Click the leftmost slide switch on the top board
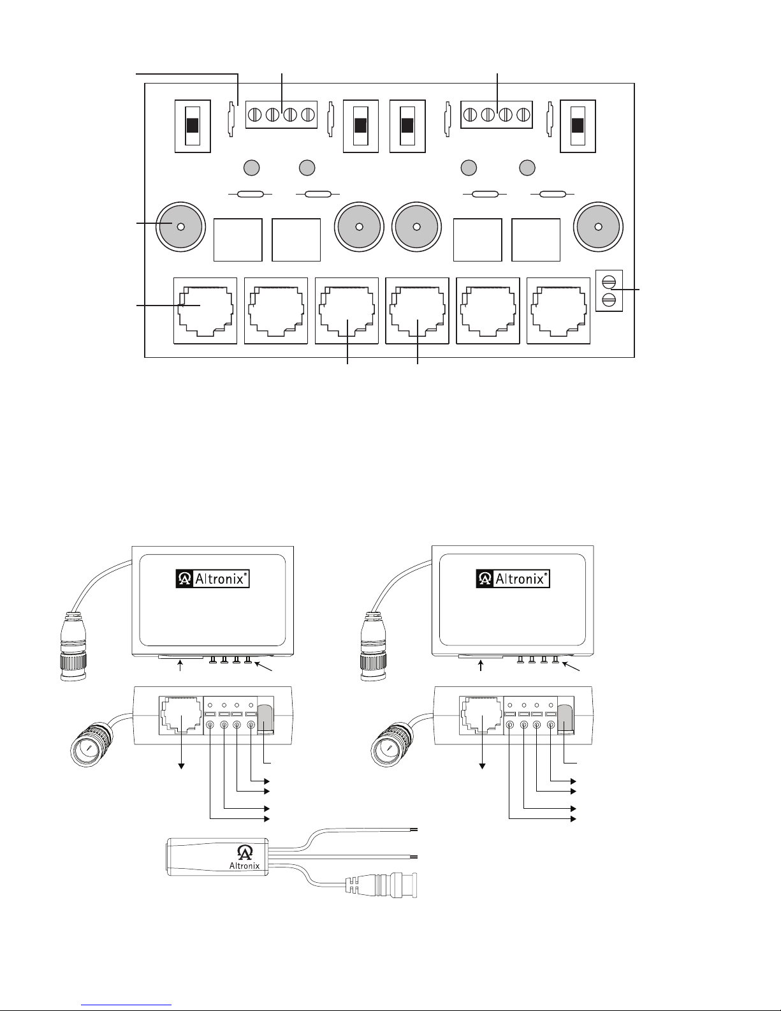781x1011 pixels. [x=193, y=126]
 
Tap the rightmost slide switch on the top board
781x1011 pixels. [x=578, y=126]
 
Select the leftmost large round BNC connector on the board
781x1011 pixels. [x=181, y=227]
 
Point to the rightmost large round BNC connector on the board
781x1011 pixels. [x=598, y=227]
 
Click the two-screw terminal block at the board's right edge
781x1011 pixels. [x=609, y=291]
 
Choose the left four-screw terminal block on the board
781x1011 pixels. [x=281, y=114]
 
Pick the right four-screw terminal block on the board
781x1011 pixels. [x=497, y=114]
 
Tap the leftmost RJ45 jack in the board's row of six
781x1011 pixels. [x=205, y=311]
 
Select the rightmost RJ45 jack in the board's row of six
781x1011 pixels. [x=558, y=311]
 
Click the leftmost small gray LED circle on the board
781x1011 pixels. [x=251, y=168]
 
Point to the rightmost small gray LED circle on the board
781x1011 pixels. [x=527, y=168]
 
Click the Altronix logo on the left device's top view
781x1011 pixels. [x=212, y=579]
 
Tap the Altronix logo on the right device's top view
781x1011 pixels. [x=513, y=579]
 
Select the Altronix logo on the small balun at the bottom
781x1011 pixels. [x=245, y=857]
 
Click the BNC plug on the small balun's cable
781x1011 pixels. [x=381, y=885]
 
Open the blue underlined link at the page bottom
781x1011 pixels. [x=126, y=1003]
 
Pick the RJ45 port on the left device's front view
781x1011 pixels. [x=181, y=715]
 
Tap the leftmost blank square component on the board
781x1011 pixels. [x=238, y=240]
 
